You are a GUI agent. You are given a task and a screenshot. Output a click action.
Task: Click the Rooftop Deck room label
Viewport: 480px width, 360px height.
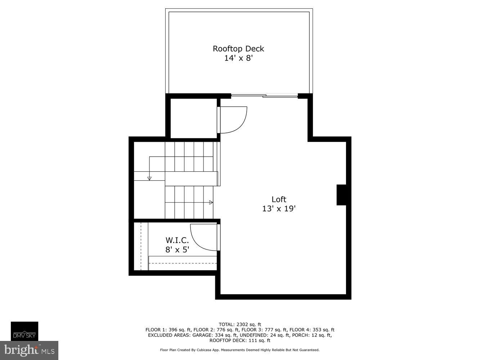(238, 49)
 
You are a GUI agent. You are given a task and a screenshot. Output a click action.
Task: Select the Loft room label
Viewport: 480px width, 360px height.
(279, 199)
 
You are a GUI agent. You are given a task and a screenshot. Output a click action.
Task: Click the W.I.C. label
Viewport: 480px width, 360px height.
(177, 240)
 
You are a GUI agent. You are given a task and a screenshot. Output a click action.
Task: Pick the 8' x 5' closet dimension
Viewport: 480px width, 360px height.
(177, 249)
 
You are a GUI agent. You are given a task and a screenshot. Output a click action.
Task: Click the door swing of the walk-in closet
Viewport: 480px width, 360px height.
(203, 237)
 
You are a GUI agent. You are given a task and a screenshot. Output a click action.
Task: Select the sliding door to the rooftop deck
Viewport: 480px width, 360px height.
(264, 96)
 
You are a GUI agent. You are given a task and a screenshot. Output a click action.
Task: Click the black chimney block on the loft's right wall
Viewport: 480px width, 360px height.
(341, 195)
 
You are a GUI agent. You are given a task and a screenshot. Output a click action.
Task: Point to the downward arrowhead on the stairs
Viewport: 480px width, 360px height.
(149, 178)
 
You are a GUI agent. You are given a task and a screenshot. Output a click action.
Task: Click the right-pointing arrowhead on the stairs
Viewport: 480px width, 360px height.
(211, 203)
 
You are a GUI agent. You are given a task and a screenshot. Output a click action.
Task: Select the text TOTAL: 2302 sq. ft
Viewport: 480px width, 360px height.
(240, 324)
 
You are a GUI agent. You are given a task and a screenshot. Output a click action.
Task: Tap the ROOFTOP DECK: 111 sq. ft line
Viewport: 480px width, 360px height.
(240, 341)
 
